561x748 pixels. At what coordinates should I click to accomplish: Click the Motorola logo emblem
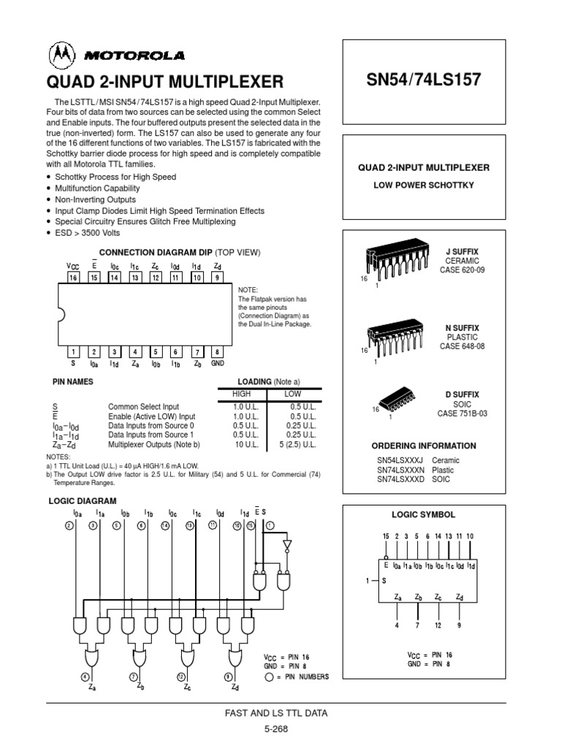61,56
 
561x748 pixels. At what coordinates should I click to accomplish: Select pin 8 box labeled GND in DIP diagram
217,351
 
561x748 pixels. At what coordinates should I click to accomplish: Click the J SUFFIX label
462,252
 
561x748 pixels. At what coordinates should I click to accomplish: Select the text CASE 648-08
462,346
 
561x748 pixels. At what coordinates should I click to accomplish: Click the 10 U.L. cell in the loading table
246,443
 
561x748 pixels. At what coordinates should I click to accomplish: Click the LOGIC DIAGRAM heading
83,501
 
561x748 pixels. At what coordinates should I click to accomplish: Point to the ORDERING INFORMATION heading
424,446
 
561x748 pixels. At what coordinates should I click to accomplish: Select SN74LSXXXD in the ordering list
400,479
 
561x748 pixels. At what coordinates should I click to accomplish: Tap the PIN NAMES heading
73,381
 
